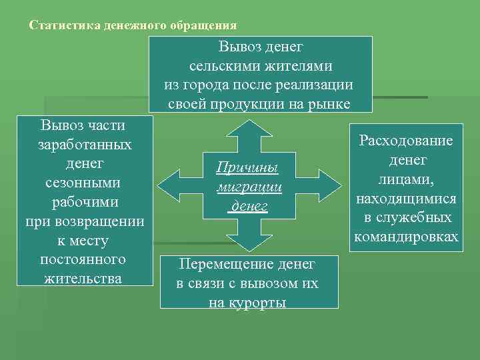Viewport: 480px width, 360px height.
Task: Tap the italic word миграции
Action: [249, 187]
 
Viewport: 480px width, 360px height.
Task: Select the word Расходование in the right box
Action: [406, 141]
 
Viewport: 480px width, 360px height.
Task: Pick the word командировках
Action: [406, 237]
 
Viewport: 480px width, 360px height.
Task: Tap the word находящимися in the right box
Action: [406, 199]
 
